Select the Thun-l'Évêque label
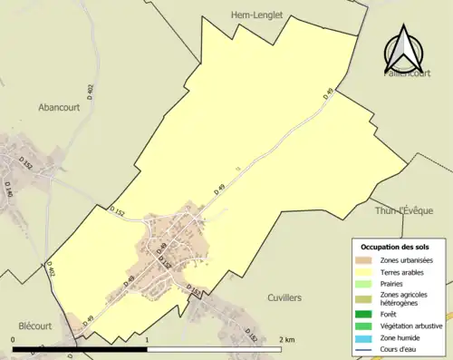click(404, 210)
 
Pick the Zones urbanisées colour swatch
click(366, 260)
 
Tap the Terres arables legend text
click(407, 271)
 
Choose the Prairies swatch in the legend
click(366, 282)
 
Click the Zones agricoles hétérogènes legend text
click(407, 298)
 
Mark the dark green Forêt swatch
click(366, 315)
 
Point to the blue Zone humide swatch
click(366, 336)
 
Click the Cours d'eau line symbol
click(366, 347)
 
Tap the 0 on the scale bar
click(14, 339)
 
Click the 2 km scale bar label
click(286, 339)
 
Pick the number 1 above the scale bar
click(148, 339)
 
